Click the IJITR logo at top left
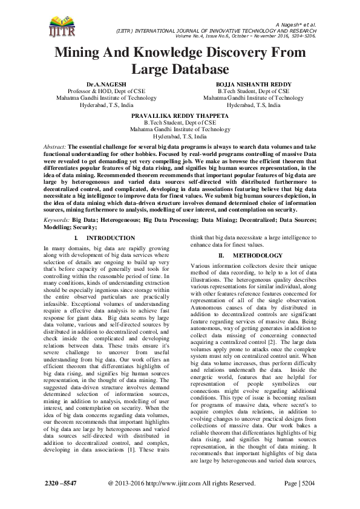60,25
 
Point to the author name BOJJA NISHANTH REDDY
245,84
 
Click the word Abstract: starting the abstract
56,147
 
